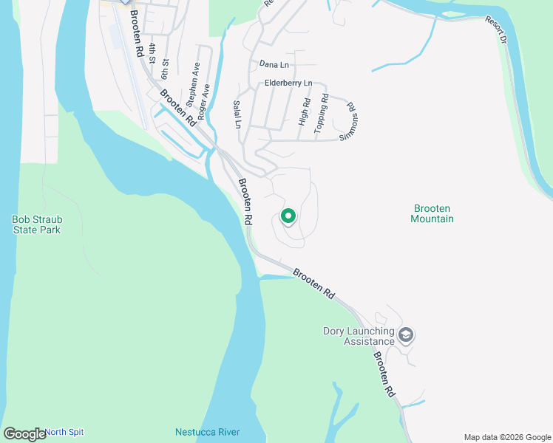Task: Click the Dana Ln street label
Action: click(274, 65)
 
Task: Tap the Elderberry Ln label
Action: click(288, 83)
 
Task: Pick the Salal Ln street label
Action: click(237, 114)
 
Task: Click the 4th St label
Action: click(151, 53)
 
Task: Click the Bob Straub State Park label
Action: click(36, 224)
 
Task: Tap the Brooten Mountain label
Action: click(432, 214)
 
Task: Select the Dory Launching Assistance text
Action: click(359, 336)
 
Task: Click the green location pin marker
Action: click(288, 216)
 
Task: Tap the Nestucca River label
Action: click(208, 432)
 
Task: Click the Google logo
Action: click(24, 434)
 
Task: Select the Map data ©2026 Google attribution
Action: click(507, 437)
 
